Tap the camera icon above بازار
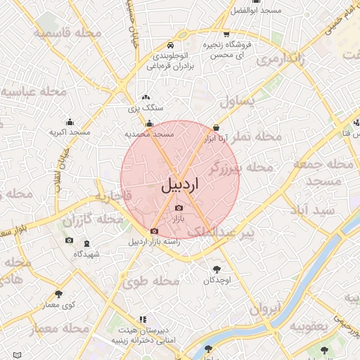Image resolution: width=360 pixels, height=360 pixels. coord(178,208)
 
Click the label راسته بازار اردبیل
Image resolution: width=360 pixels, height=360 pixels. coord(154,241)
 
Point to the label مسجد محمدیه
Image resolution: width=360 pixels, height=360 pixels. coord(149,134)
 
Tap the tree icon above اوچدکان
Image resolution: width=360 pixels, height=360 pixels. coord(217,269)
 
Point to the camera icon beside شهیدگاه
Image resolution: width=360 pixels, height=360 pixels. coord(69,240)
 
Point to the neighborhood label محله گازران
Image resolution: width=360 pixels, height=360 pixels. coord(87,221)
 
